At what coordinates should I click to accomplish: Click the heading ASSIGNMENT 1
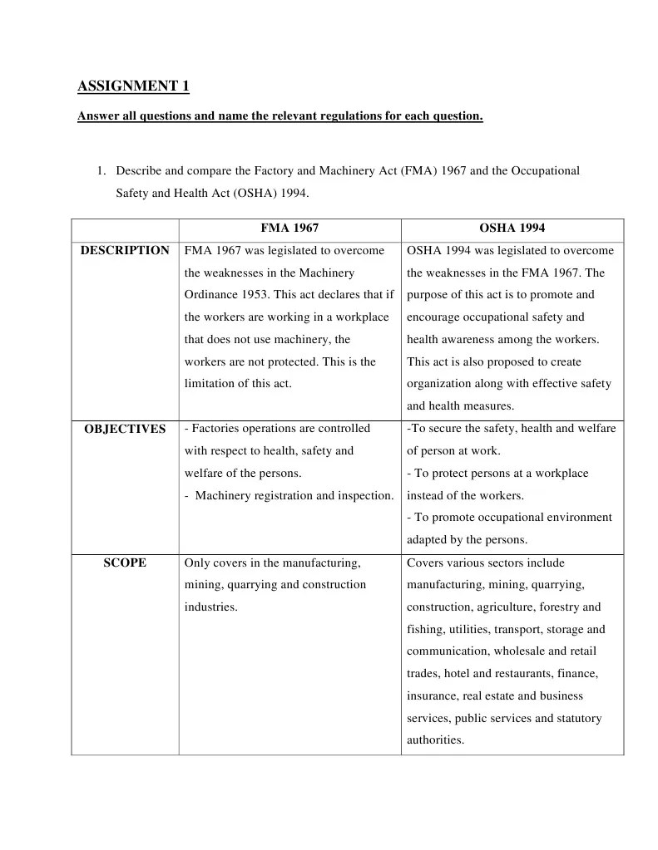[133, 86]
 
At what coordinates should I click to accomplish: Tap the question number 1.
[100, 170]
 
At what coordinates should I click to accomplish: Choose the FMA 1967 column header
[289, 228]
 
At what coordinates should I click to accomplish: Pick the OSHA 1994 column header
[512, 228]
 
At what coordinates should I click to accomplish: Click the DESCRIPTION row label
[125, 251]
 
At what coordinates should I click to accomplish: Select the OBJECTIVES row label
[125, 429]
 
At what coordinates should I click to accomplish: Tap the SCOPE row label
[125, 563]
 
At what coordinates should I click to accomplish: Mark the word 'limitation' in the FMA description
[212, 384]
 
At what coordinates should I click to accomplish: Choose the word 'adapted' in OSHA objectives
[427, 540]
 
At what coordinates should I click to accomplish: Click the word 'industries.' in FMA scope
[210, 607]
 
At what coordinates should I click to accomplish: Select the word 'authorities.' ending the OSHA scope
[435, 740]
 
